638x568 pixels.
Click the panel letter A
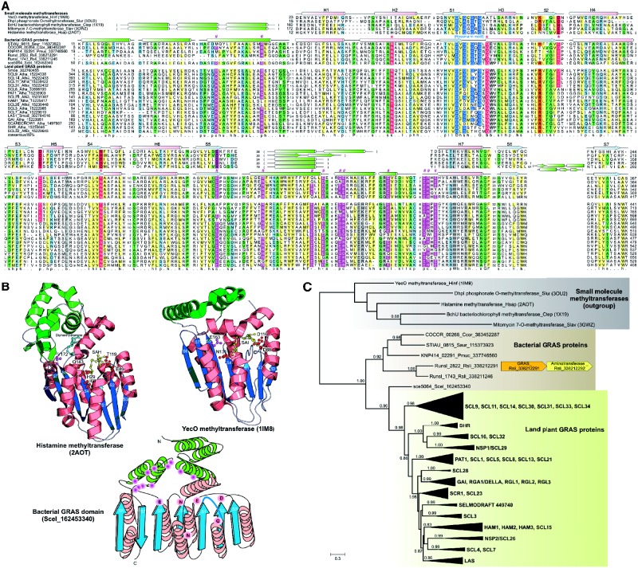[6, 5]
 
